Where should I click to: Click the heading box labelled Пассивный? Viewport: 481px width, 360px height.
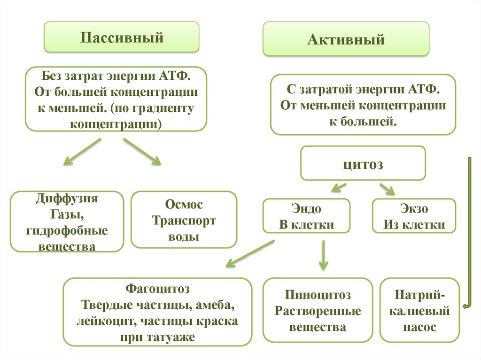121,37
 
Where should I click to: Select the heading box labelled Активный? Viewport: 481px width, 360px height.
346,39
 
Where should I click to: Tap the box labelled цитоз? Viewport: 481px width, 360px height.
363,164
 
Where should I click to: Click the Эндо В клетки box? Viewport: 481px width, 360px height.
306,216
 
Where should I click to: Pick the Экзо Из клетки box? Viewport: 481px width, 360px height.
414,216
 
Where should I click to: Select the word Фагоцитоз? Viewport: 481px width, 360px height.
157,287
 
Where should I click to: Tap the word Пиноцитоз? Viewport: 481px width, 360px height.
318,295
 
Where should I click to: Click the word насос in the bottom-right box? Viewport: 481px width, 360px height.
419,327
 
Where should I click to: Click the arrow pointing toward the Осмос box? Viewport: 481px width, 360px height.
142,152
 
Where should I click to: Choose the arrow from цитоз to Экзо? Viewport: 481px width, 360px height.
388,188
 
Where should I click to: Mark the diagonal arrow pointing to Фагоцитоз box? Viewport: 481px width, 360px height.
249,254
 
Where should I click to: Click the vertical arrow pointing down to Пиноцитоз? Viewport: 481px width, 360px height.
323,256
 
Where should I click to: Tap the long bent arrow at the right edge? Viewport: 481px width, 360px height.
469,230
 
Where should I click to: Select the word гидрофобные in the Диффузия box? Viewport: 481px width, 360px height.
67,230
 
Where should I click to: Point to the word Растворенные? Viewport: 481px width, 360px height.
318,311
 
